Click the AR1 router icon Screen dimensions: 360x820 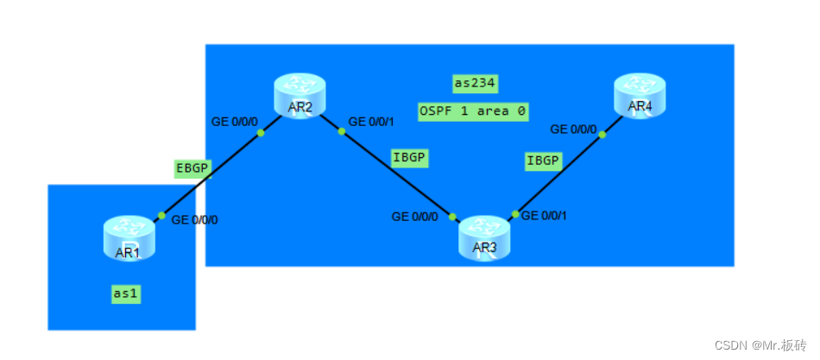tap(129, 237)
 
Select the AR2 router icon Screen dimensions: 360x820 tap(300, 96)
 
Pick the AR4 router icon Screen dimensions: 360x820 tap(640, 95)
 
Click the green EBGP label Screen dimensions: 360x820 tap(192, 168)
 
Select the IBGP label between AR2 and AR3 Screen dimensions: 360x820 tap(410, 157)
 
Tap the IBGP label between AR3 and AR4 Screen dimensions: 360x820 tap(543, 161)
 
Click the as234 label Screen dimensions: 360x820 tap(475, 83)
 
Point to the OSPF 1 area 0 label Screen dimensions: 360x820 tap(472, 111)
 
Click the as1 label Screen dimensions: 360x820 tap(126, 294)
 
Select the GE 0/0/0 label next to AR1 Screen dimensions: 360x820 tap(195, 220)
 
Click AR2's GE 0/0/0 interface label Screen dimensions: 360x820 tap(235, 121)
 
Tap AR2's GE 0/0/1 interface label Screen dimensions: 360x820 tap(371, 122)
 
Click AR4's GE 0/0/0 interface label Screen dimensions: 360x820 tap(573, 129)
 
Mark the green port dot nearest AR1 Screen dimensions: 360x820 tap(161, 216)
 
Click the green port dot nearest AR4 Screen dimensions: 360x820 tap(602, 134)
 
